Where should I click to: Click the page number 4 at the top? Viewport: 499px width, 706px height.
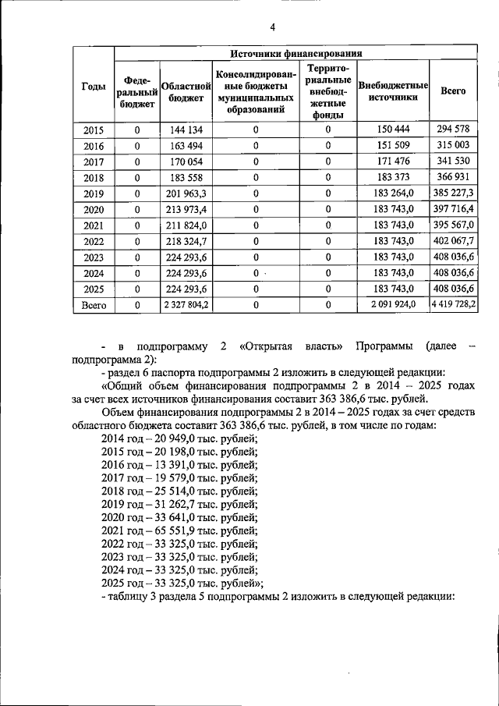pos(273,28)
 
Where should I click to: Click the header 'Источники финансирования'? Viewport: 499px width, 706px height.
pos(296,54)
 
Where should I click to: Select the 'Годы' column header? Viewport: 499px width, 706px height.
pos(94,90)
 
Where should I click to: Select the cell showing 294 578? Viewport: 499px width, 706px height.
pos(453,129)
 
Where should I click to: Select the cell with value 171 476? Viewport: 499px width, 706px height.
pos(393,161)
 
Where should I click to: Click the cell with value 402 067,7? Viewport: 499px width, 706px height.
pos(453,239)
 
